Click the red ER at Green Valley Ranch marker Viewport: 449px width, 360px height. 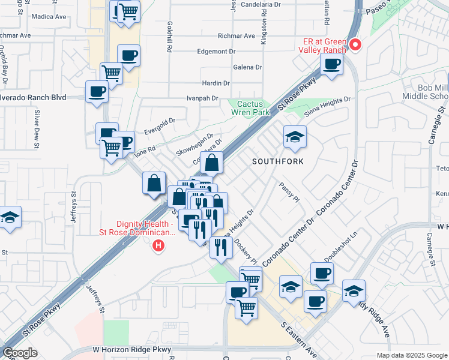coord(355,44)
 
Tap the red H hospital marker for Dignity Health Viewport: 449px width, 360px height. coord(158,245)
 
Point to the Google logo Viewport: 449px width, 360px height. coord(20,353)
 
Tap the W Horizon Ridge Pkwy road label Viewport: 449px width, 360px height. coord(132,349)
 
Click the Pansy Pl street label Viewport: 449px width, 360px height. coord(289,193)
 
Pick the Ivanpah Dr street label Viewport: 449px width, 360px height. coord(200,97)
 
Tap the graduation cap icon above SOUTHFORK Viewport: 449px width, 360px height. coord(295,137)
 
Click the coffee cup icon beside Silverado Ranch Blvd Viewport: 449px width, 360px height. coord(97,92)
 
